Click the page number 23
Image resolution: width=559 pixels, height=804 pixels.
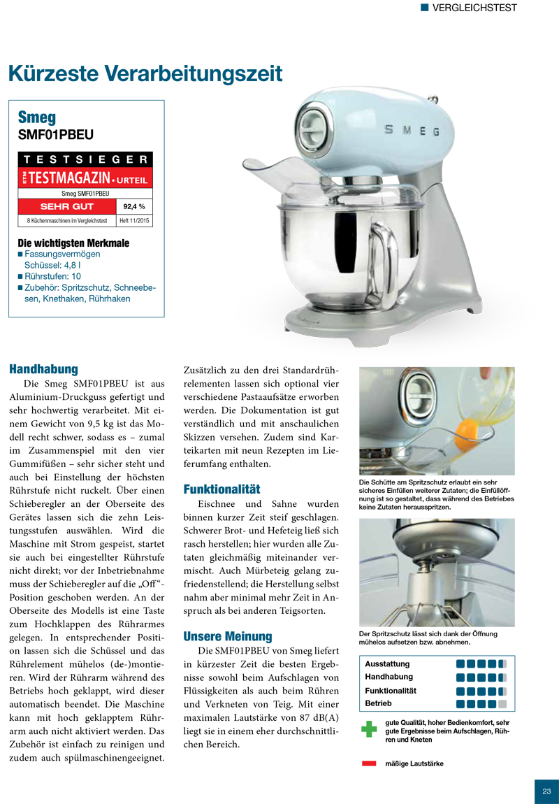(x=546, y=791)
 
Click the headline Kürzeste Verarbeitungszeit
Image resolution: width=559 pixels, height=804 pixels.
(x=145, y=73)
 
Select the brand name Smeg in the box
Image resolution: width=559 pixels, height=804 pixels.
(x=37, y=117)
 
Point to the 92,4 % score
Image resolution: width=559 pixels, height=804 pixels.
(x=133, y=206)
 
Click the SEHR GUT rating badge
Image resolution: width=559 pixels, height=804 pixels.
(x=67, y=206)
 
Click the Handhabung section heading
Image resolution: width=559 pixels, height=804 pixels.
(x=43, y=368)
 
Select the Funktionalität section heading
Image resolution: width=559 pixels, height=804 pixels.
(x=222, y=488)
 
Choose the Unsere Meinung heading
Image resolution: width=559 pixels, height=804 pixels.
(x=227, y=636)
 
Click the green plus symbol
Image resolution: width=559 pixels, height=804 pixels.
(x=369, y=728)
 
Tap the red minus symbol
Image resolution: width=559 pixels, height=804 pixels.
(x=369, y=763)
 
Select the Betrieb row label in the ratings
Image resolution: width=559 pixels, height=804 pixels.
(x=378, y=703)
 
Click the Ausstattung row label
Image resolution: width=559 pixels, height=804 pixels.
(x=387, y=663)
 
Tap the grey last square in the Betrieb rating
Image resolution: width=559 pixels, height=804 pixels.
(x=502, y=703)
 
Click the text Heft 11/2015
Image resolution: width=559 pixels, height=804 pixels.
(x=135, y=220)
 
